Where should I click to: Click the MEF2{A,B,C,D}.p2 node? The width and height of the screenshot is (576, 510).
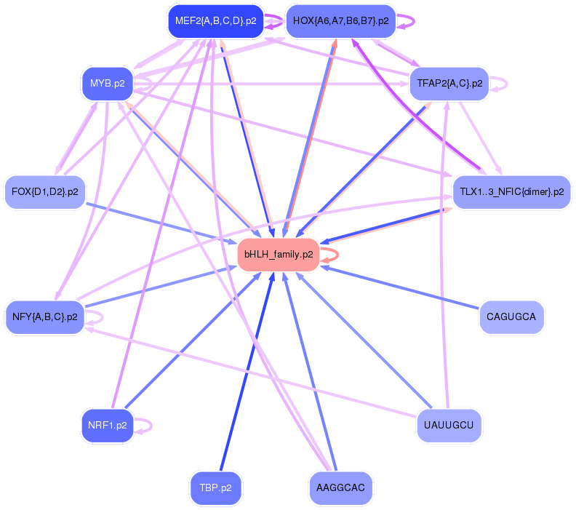(x=215, y=21)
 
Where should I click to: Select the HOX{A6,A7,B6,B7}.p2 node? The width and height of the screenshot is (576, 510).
(x=340, y=21)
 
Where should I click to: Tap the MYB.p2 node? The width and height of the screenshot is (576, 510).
(x=107, y=84)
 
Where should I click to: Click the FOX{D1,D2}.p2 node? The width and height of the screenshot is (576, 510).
(x=45, y=192)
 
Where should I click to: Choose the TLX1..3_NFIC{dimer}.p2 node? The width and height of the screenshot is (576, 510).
(x=511, y=192)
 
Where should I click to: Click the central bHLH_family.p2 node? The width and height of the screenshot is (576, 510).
(x=279, y=255)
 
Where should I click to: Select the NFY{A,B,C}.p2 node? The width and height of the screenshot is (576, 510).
(x=45, y=317)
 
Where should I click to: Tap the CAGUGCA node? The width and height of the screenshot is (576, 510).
(x=511, y=317)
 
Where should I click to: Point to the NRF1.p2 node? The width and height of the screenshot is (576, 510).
(x=107, y=426)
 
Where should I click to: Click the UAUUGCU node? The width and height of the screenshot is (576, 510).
(x=449, y=425)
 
